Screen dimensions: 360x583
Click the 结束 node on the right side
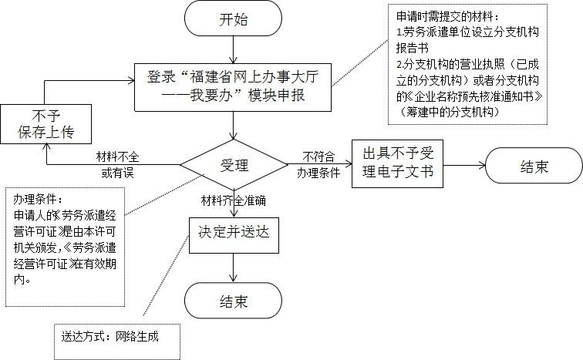click(x=533, y=166)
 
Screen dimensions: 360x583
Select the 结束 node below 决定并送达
click(x=234, y=301)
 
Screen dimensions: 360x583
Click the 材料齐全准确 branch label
click(x=233, y=200)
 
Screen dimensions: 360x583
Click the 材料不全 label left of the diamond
click(x=118, y=156)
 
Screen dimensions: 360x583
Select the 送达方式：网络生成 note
click(x=116, y=336)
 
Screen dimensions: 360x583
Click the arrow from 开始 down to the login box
click(x=234, y=49)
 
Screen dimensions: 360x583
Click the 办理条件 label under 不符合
click(x=319, y=173)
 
